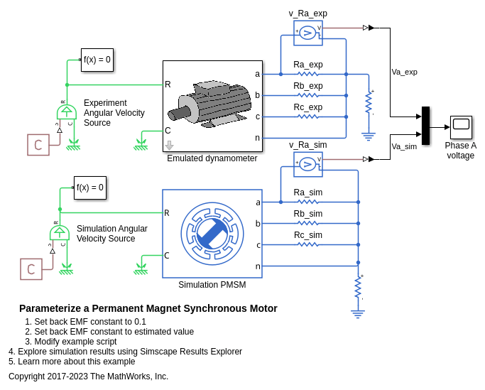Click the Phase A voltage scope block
461,127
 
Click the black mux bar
425,126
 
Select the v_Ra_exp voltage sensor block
307,32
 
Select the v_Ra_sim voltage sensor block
307,164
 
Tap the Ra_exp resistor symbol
307,74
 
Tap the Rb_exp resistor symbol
307,95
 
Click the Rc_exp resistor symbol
307,117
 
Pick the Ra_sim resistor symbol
307,202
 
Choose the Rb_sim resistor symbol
307,223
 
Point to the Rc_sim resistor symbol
307,244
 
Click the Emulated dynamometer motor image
212,106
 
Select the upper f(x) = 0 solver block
97,60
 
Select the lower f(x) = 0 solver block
90,188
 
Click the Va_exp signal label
404,72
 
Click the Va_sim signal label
404,146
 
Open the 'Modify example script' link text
75,342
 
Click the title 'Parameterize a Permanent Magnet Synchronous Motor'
148,308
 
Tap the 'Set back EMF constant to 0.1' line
85,322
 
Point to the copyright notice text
88,377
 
